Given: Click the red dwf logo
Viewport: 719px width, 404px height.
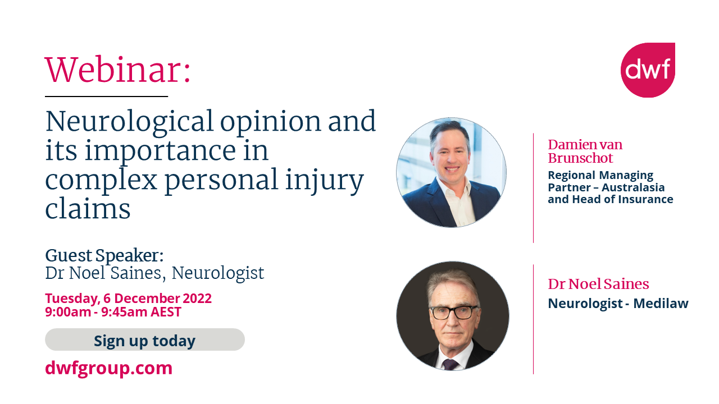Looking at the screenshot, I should pyautogui.click(x=648, y=70).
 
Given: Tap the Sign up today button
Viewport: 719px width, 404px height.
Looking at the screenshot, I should pyautogui.click(x=144, y=340).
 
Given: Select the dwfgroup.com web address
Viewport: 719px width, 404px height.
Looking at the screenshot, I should pyautogui.click(x=108, y=368).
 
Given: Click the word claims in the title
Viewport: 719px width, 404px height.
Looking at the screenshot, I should pyautogui.click(x=88, y=208).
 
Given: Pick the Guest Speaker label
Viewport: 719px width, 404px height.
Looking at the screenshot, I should pyautogui.click(x=104, y=255).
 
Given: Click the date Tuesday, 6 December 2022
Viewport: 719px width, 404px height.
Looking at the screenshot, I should pyautogui.click(x=128, y=298).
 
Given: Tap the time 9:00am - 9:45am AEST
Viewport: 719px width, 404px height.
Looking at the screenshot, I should pyautogui.click(x=113, y=312).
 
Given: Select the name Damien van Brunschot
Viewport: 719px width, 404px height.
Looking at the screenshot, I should pyautogui.click(x=585, y=151).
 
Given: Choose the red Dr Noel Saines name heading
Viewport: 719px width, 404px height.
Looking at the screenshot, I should pyautogui.click(x=598, y=284).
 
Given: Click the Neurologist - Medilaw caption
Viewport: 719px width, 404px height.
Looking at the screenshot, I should pyautogui.click(x=618, y=304).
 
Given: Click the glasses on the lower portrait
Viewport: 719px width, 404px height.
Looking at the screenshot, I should pyautogui.click(x=453, y=312).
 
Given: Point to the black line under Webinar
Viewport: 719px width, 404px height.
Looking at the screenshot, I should pyautogui.click(x=106, y=97).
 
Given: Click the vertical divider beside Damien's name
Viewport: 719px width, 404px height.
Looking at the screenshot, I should pyautogui.click(x=533, y=187).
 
